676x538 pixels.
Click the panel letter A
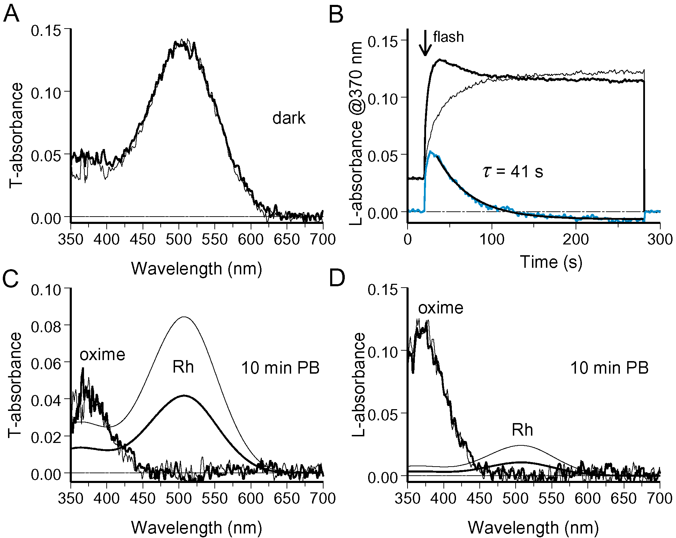coord(11,15)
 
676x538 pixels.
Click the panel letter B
coord(336,15)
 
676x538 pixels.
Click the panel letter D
coord(337,279)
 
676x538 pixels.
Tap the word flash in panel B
coord(448,37)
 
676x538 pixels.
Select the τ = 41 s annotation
coord(513,172)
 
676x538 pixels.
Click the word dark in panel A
coord(289,118)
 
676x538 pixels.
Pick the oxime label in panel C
coord(102,355)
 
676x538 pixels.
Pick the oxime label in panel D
coord(441,308)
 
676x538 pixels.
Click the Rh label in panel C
coord(183,367)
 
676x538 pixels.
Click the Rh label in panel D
coord(522,430)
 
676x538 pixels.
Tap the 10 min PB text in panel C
coord(280,368)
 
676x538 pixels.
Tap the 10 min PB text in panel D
coord(609,368)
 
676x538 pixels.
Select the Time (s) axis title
coord(551,262)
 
